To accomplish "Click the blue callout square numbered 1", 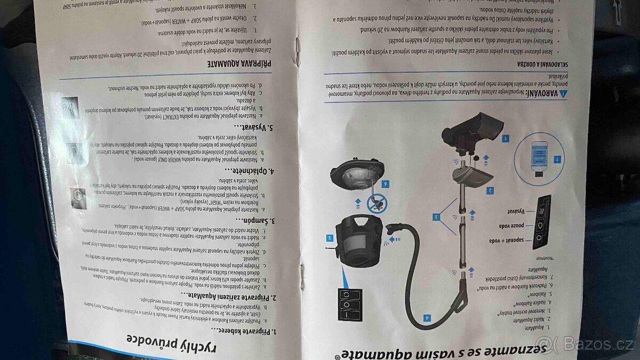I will [x=505, y=138].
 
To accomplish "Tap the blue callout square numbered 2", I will [x=490, y=189].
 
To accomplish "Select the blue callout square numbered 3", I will [x=436, y=217].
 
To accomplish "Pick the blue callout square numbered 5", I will [x=330, y=238].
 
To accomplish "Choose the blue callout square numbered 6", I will [x=385, y=184].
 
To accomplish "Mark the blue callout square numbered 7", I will [x=556, y=159].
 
